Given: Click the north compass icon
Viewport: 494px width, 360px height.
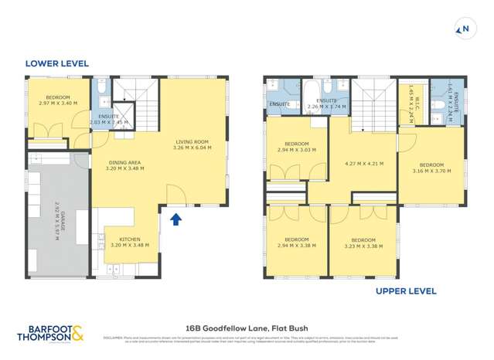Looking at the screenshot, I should coord(465,30).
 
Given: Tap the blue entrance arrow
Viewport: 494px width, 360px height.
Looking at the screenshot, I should coord(175,220).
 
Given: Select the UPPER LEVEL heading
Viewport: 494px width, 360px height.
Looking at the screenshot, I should coord(406,291).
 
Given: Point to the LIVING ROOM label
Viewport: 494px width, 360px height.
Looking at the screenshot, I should coord(192,144).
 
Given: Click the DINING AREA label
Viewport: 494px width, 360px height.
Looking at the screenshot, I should coord(124,165).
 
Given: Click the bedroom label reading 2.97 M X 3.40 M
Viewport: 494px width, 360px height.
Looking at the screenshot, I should coord(59,101).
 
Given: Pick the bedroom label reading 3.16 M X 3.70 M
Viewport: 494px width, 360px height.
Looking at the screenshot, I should coord(431,168).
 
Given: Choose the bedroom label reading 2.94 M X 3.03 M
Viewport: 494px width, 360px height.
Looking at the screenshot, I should coord(296,148).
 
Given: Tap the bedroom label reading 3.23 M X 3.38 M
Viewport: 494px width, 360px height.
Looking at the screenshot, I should coord(363,243).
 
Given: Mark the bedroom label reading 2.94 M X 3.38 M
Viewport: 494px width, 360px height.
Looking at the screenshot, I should coord(296,243).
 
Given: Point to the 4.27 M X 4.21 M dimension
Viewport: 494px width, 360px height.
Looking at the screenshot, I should coord(363,163).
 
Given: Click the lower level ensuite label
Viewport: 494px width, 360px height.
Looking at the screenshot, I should coord(109,119).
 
